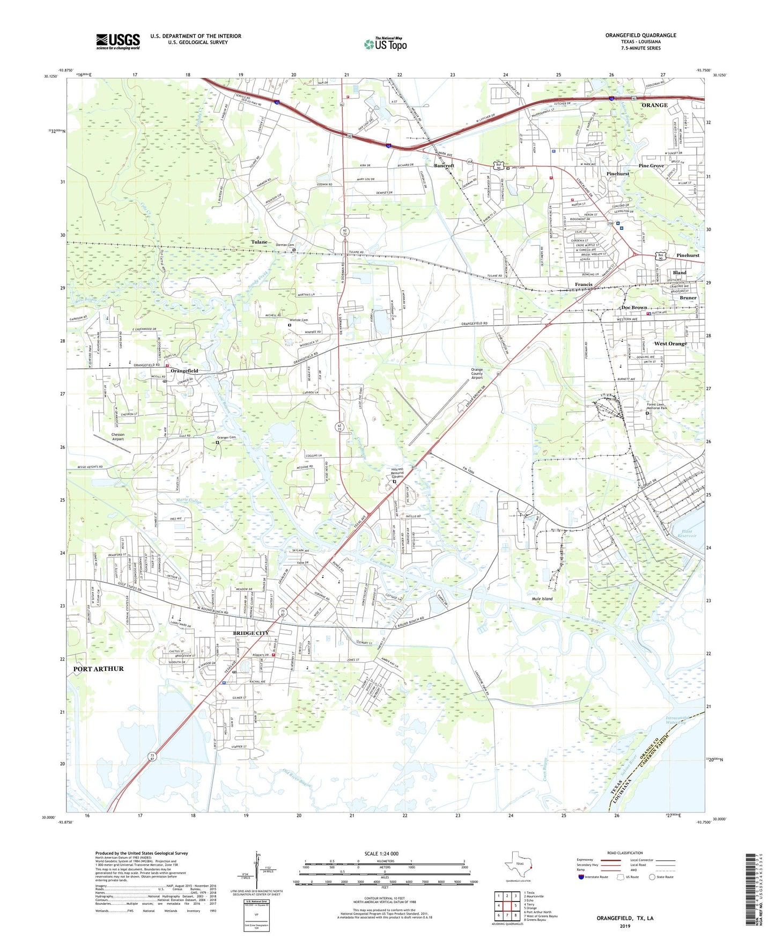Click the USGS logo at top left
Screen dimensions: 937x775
118,41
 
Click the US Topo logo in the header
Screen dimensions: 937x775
385,44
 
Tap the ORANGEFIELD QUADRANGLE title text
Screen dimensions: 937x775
640,35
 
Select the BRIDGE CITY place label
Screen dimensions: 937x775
251,633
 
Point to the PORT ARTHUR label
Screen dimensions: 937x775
99,669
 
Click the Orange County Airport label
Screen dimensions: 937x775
477,374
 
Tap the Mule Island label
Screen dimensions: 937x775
542,598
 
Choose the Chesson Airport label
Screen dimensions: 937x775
118,436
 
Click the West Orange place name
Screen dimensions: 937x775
670,343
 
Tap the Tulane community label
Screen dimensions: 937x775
259,242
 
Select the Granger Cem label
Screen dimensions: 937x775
226,437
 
